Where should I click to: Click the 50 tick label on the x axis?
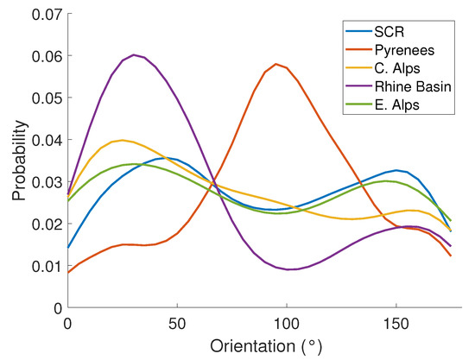point(176,322)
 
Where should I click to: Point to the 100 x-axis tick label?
point(286,322)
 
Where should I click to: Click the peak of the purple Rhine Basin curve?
point(133,55)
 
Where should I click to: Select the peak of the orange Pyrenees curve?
point(275,64)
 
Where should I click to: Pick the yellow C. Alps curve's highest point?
point(122,140)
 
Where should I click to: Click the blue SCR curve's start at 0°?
point(67,247)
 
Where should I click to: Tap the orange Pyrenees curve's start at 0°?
point(67,272)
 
